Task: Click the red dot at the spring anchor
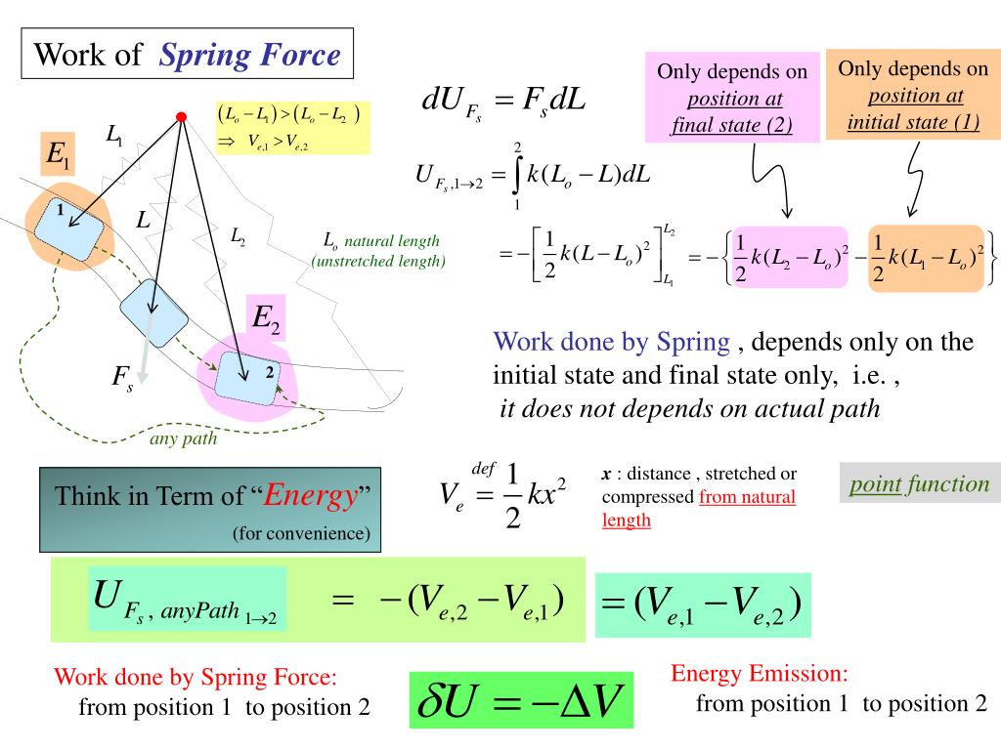click(x=181, y=117)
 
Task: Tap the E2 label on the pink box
click(x=266, y=318)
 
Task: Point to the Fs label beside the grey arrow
click(x=121, y=378)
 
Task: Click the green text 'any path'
click(x=183, y=438)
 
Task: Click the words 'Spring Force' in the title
click(x=250, y=55)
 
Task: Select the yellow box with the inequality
click(x=292, y=127)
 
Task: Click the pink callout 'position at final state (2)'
click(x=731, y=99)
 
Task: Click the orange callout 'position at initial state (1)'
click(x=913, y=96)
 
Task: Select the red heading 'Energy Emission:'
click(x=759, y=674)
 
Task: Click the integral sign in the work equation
click(x=517, y=177)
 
